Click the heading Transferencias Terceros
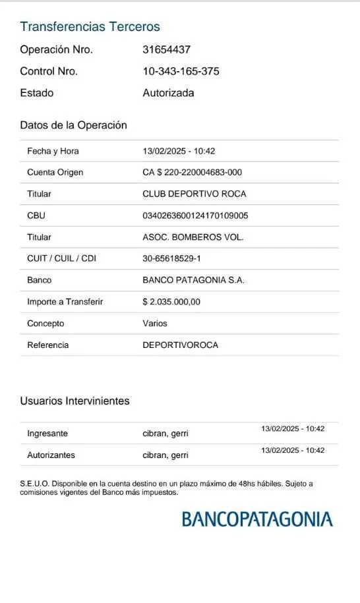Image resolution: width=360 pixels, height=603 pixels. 90,27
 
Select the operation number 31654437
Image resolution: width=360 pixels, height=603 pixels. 167,49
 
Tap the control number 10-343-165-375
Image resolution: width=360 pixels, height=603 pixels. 181,71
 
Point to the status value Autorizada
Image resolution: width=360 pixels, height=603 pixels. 168,93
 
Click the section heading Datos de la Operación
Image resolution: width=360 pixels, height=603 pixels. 73,125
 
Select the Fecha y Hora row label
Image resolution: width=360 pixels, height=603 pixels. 53,151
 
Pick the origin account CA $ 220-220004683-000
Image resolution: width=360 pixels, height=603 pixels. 192,173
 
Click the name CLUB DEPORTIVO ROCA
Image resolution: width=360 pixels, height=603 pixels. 194,194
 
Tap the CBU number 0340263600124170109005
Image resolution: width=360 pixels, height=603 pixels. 195,215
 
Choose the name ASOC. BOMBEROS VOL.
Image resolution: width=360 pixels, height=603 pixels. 193,237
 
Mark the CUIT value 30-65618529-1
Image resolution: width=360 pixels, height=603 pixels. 171,258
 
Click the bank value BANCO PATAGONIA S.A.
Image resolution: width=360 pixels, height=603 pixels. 193,280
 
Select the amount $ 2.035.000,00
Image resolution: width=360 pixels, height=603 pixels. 171,302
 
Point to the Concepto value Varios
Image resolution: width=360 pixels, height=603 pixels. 155,324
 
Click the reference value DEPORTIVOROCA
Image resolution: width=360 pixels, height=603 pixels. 180,345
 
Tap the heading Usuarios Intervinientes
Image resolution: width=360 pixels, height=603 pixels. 75,401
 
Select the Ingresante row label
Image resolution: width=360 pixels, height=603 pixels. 47,434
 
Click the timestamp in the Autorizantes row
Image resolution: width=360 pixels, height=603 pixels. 293,450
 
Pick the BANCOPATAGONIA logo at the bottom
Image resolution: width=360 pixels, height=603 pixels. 257,519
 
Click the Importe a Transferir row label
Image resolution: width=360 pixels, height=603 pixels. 65,302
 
